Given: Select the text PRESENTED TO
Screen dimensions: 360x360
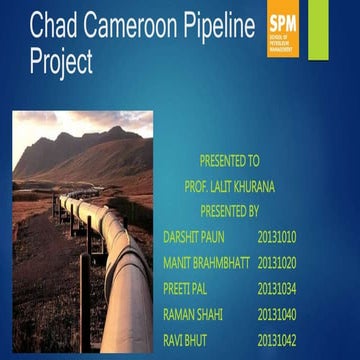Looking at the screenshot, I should [x=229, y=159].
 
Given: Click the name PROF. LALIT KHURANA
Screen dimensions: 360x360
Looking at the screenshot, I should [x=229, y=185].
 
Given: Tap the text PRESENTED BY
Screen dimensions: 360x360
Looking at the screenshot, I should [x=229, y=211].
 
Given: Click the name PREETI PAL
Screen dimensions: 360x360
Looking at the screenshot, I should [x=186, y=289].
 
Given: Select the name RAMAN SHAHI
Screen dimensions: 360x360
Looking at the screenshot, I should [x=192, y=315].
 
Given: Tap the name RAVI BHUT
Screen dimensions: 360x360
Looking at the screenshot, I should [x=184, y=341].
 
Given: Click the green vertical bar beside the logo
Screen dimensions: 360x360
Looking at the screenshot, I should [x=318, y=28].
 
